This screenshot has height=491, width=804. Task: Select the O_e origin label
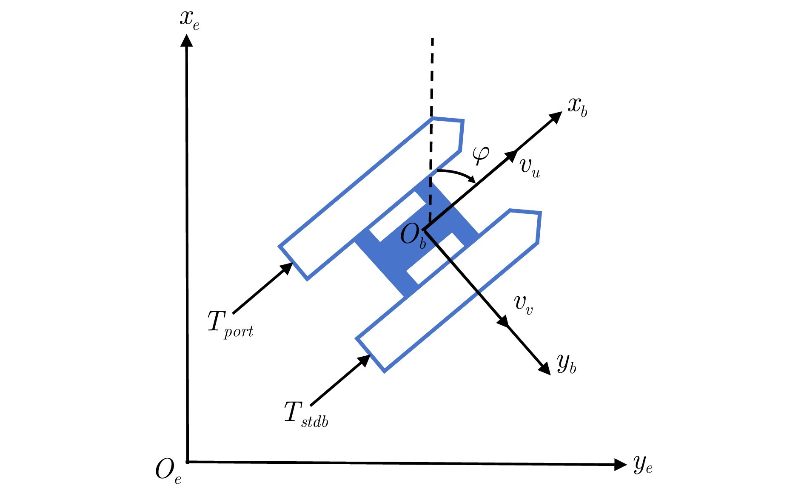pyautogui.click(x=168, y=471)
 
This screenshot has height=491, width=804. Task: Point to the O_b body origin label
pyautogui.click(x=413, y=236)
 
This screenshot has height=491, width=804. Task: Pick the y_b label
pyautogui.click(x=567, y=364)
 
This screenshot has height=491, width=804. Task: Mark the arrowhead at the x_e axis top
pyautogui.click(x=186, y=40)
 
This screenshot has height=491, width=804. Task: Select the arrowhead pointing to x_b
pyautogui.click(x=555, y=117)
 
